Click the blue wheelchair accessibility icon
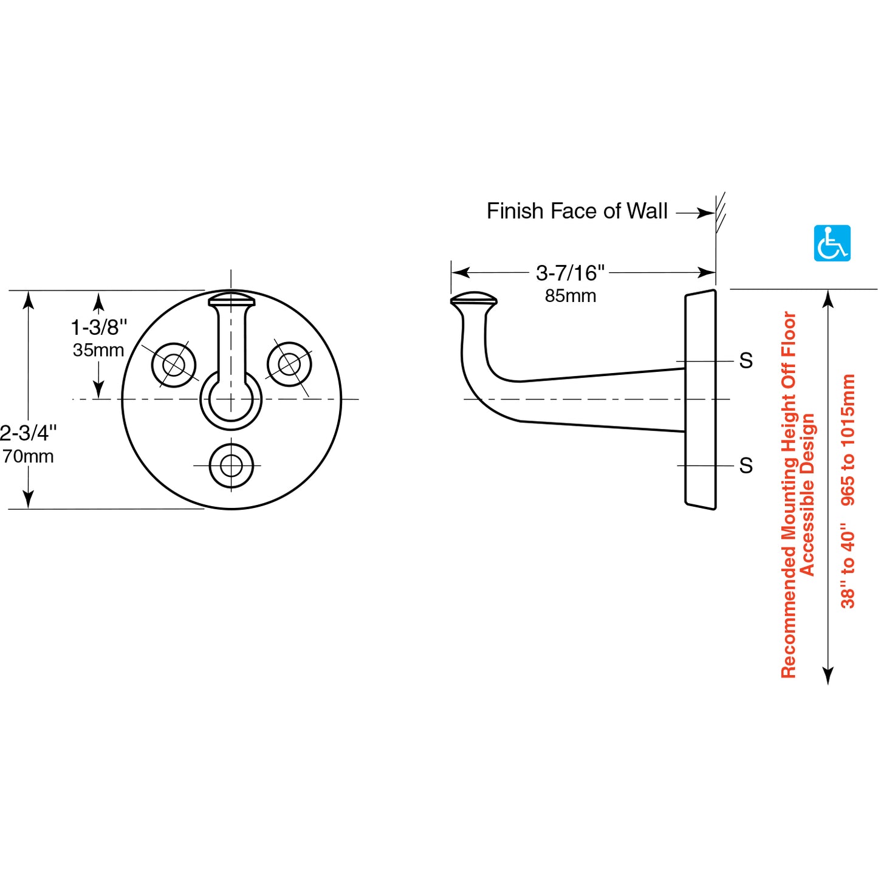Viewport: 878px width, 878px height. tap(832, 243)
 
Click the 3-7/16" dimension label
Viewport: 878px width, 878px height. tap(570, 273)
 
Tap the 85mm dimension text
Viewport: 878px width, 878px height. tap(570, 296)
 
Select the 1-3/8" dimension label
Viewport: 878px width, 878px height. tap(99, 328)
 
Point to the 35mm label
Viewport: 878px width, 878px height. tap(98, 350)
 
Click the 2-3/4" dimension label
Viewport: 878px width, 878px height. tap(28, 433)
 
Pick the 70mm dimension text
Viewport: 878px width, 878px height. tap(28, 456)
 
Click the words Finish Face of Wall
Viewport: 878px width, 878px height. tap(577, 211)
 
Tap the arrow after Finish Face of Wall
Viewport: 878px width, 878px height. tap(695, 213)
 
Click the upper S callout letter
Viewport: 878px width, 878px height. tap(746, 361)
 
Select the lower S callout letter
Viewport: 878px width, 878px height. tap(746, 466)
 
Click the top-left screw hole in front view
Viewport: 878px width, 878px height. tap(174, 365)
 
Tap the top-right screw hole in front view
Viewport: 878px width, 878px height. tap(289, 365)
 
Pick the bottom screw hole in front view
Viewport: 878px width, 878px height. tap(231, 466)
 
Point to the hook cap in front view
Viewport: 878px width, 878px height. tap(231, 299)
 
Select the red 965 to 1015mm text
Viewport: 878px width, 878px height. tap(848, 439)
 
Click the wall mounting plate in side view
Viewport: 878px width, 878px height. tap(700, 399)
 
